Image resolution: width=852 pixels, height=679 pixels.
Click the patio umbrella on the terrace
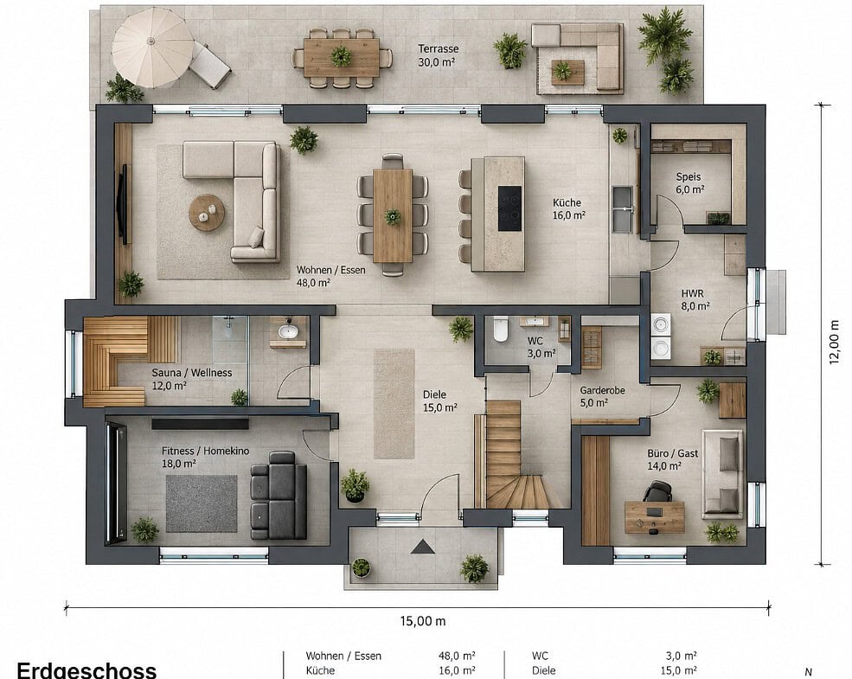click(x=153, y=48)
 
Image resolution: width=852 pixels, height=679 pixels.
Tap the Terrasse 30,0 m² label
click(x=438, y=55)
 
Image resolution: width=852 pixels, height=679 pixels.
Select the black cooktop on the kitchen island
click(x=509, y=208)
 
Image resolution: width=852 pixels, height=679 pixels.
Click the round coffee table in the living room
click(x=207, y=213)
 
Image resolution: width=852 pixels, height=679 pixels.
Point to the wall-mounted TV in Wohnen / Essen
click(x=124, y=204)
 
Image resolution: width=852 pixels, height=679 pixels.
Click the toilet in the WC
click(x=501, y=329)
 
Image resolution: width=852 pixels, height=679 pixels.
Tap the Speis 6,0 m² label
click(x=689, y=183)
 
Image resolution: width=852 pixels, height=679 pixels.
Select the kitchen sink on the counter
click(x=623, y=208)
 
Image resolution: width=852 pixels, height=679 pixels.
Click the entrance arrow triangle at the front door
click(x=423, y=546)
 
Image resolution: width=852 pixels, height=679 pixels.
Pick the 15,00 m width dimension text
click(x=423, y=620)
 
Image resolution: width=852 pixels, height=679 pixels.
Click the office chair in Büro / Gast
click(x=657, y=491)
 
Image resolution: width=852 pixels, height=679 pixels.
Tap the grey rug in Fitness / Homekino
click(x=201, y=503)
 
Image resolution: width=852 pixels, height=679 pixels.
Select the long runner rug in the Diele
click(x=394, y=403)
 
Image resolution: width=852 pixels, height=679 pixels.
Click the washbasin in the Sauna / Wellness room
click(x=288, y=330)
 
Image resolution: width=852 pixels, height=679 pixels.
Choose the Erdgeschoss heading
click(x=87, y=669)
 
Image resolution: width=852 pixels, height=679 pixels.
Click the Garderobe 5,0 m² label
click(x=602, y=396)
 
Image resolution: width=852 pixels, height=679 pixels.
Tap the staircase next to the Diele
click(x=514, y=454)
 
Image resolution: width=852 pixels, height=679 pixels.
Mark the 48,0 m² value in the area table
click(x=457, y=656)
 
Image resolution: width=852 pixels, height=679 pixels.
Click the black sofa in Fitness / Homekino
click(x=279, y=495)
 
